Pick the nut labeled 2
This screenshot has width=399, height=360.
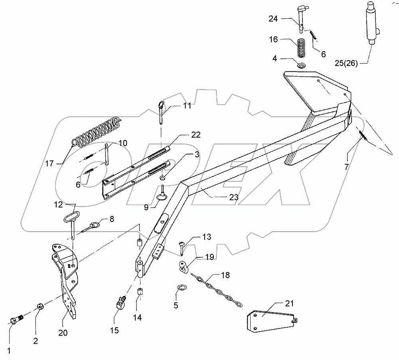[40, 307]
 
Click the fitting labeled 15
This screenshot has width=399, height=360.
[120, 305]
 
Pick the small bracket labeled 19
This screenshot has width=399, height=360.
[183, 268]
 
